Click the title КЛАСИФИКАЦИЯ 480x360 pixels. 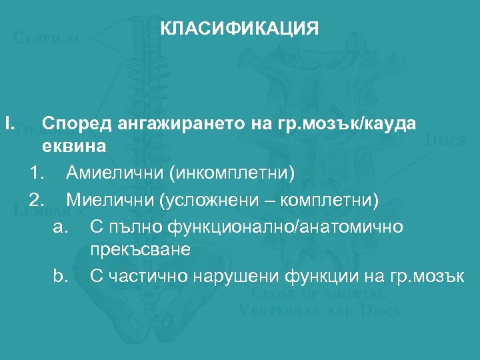[240, 29]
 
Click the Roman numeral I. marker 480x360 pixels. [9, 123]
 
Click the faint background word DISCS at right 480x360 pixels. [445, 141]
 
